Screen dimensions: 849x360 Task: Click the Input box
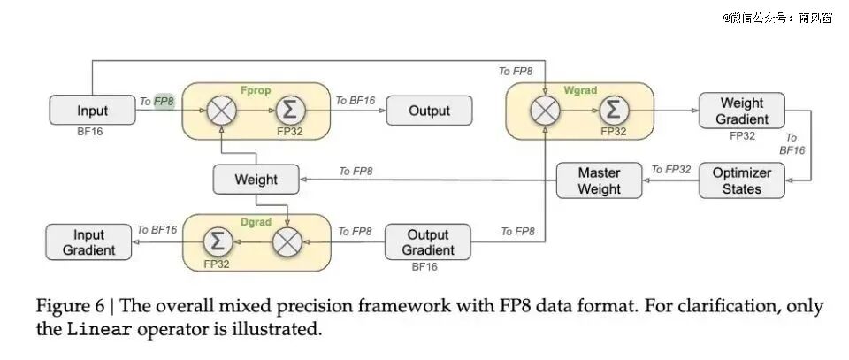click(x=92, y=110)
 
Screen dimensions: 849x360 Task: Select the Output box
click(x=429, y=111)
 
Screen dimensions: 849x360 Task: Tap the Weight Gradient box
click(x=741, y=111)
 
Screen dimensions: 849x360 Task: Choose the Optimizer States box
click(x=741, y=180)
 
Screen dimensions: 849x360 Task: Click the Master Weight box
click(x=600, y=180)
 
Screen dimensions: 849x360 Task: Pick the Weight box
click(x=256, y=180)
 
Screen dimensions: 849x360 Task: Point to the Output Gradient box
click(x=428, y=242)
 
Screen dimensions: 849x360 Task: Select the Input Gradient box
click(x=88, y=242)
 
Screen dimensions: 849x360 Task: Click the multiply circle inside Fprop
click(x=221, y=111)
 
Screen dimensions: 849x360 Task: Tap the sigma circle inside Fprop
click(x=291, y=111)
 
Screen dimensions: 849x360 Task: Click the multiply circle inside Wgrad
click(x=545, y=111)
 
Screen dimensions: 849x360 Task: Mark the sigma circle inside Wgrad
click(x=614, y=111)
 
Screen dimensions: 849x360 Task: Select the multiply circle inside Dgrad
click(x=287, y=241)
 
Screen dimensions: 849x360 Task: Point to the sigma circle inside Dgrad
click(x=218, y=241)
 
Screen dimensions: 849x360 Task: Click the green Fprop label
click(x=255, y=90)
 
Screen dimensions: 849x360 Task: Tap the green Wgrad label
click(x=580, y=90)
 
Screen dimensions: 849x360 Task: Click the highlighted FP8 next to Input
click(x=164, y=101)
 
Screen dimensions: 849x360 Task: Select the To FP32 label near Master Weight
click(x=671, y=170)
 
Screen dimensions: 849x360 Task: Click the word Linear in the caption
click(x=99, y=329)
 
